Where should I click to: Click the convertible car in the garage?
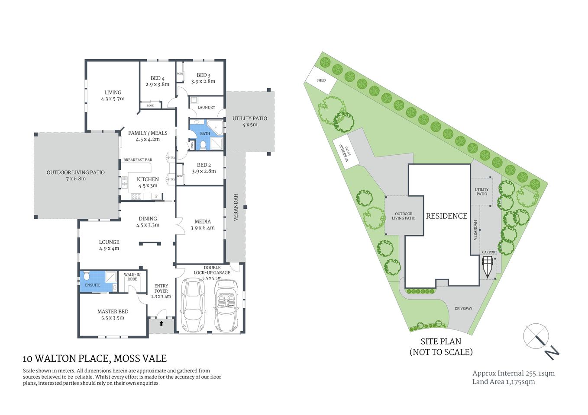pyautogui.click(x=226, y=306)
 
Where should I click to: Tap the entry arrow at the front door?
pyautogui.click(x=161, y=323)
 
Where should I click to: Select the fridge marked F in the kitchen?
pyautogui.click(x=156, y=196)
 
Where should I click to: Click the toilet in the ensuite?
pyautogui.click(x=86, y=276)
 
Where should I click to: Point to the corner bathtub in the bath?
pyautogui.click(x=215, y=127)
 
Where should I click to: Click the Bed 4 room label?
pyautogui.click(x=157, y=78)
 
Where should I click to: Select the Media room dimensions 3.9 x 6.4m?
pyautogui.click(x=203, y=228)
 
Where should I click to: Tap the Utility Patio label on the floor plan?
pyautogui.click(x=249, y=118)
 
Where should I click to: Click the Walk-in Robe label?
pyautogui.click(x=132, y=277)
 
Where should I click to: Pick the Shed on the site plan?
pyautogui.click(x=320, y=80)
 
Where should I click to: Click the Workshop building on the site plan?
pyautogui.click(x=346, y=152)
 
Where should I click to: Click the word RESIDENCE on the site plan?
pyautogui.click(x=446, y=216)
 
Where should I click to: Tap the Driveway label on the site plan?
pyautogui.click(x=463, y=309)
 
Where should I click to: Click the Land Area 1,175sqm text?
pyautogui.click(x=503, y=382)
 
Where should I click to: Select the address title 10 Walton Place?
pyautogui.click(x=94, y=358)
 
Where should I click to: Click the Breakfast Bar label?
pyautogui.click(x=138, y=160)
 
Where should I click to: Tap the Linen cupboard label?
pyautogui.click(x=191, y=146)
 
